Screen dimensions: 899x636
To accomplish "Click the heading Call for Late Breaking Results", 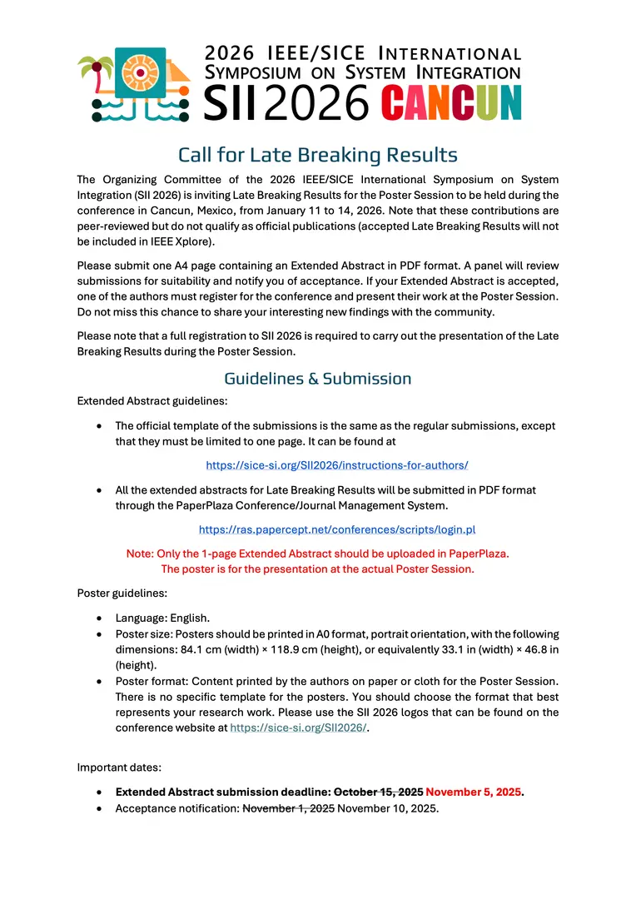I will point(318,155).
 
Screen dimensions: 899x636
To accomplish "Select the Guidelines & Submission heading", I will point(318,378).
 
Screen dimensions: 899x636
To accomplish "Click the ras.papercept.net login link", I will point(337,529).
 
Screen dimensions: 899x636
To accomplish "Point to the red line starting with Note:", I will point(317,553).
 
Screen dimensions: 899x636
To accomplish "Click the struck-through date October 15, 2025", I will point(379,792).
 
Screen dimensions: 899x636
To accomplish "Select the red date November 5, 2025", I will point(474,792).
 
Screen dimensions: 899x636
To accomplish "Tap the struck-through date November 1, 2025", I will point(288,808).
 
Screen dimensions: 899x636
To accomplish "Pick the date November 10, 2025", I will point(388,808).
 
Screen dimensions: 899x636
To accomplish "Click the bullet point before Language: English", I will point(100,618).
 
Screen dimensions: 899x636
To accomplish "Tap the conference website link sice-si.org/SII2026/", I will point(298,728).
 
